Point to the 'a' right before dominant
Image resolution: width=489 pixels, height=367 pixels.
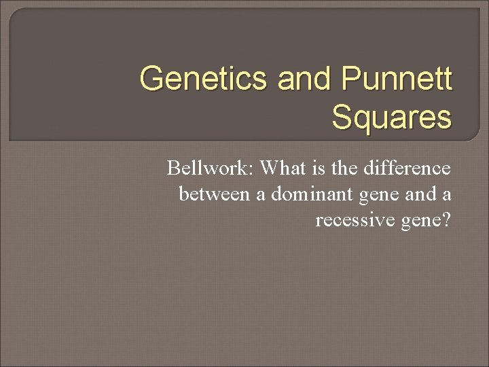[x=261, y=195]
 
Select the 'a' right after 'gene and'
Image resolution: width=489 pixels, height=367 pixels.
[x=446, y=195]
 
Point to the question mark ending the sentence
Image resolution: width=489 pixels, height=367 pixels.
[x=446, y=221]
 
